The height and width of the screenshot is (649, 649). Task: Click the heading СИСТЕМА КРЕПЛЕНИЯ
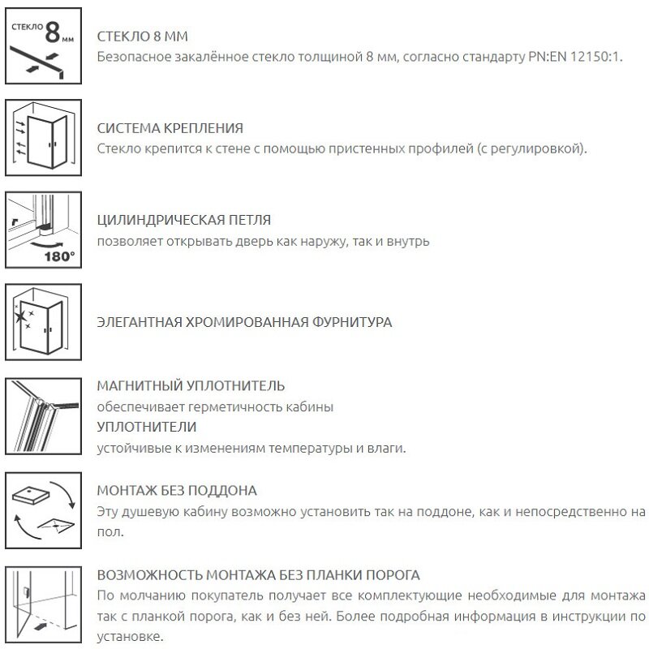(170, 129)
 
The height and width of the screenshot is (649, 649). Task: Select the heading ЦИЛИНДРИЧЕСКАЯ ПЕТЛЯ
(183, 221)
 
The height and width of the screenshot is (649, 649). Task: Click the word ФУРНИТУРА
(352, 322)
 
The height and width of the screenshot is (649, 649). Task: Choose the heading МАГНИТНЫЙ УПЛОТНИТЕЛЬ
(191, 386)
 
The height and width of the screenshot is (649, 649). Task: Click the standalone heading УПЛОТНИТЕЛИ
(146, 427)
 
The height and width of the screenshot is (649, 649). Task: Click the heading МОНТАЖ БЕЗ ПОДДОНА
(177, 491)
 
